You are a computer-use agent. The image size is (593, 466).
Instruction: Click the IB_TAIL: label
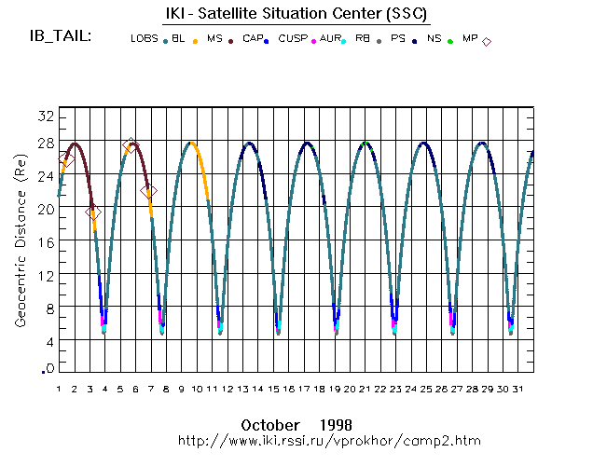coord(60,37)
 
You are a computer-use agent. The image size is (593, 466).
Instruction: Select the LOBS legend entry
coord(144,39)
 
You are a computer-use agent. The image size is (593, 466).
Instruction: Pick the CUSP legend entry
coord(292,39)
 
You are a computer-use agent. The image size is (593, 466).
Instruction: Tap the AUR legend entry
coord(330,39)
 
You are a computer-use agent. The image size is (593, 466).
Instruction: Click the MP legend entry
coord(470,39)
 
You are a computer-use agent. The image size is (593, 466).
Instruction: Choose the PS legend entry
coord(397,39)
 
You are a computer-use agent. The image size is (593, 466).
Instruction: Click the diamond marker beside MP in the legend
coord(487,41)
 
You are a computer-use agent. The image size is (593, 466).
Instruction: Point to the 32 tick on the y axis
coord(45,115)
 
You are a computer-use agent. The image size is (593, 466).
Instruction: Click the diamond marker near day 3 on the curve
coord(92,212)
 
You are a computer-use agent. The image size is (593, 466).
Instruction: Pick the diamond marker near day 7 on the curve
coord(149,191)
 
